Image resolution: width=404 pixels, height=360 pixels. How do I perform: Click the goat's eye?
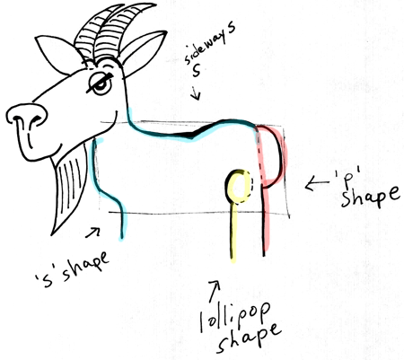tap(101, 83)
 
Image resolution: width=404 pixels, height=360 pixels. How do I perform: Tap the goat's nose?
tap(26, 116)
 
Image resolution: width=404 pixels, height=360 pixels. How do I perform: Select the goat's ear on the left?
tap(57, 55)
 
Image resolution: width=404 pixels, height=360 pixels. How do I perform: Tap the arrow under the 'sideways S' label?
tap(197, 93)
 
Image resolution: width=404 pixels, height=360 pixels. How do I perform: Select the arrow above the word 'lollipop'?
tap(215, 291)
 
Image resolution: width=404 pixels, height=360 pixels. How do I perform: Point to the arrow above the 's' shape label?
tap(92, 233)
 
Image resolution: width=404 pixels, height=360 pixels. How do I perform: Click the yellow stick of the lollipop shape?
tap(233, 232)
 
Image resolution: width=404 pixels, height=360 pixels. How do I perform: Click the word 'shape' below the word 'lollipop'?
tap(249, 338)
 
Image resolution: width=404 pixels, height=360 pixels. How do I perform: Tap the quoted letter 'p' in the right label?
tap(348, 177)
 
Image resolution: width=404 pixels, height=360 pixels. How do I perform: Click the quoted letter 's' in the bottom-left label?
tap(48, 280)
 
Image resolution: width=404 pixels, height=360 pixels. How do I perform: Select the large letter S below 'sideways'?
tap(197, 70)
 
